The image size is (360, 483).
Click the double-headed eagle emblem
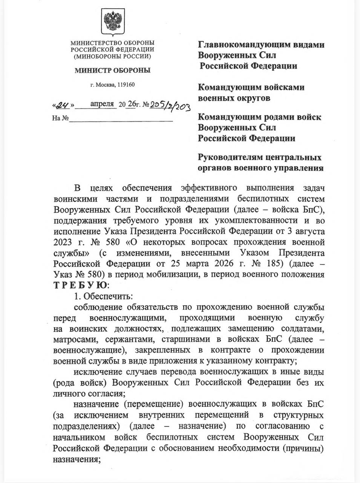tap(112, 23)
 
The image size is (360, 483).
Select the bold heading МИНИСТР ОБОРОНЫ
tap(112, 70)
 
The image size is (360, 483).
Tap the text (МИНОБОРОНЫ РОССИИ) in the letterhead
tap(112, 56)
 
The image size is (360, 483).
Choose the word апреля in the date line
tap(102, 104)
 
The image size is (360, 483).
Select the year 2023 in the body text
tap(65, 241)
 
